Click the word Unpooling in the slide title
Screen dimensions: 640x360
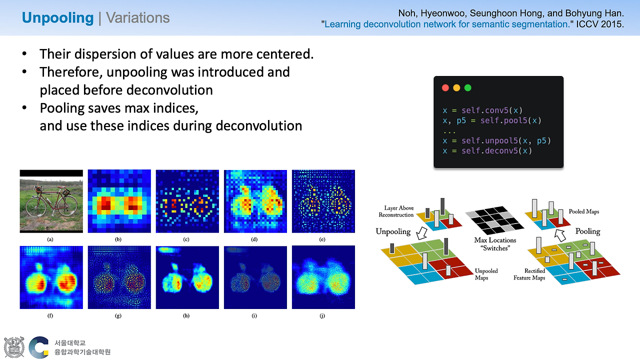[x=57, y=18]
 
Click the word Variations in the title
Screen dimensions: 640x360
[x=137, y=17]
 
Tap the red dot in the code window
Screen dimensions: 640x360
[x=445, y=87]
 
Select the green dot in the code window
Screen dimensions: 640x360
[x=467, y=87]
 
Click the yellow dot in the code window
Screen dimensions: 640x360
[x=456, y=87]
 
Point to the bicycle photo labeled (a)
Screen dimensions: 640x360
[x=51, y=201]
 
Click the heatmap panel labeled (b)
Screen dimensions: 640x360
[x=119, y=201]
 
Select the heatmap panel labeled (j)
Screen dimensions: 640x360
[x=323, y=277]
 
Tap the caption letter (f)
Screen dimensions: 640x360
[x=50, y=315]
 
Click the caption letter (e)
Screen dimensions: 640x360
[x=322, y=239]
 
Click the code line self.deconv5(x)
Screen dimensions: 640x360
[x=487, y=151]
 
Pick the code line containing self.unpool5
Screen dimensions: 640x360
[x=497, y=141]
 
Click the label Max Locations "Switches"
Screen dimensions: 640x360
[x=495, y=244]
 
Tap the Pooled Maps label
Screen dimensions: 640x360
[x=583, y=211]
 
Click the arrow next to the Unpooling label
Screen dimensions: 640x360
[x=421, y=233]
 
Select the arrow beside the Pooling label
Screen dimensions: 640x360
[x=560, y=235]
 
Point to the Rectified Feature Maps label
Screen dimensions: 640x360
[x=529, y=274]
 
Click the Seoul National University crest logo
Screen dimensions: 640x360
[x=13, y=347]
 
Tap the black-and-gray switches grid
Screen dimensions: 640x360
[x=494, y=220]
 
